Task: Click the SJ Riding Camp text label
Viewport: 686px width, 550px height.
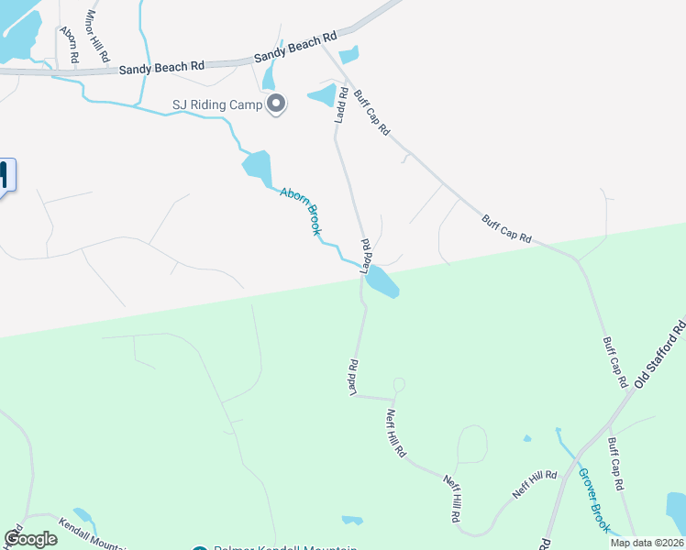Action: pos(217,105)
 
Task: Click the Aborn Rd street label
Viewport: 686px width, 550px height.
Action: pos(70,44)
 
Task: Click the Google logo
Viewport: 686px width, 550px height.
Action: pos(29,539)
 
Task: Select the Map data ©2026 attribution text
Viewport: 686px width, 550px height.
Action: pos(647,543)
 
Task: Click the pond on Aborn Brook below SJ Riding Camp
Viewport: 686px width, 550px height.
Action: pos(258,166)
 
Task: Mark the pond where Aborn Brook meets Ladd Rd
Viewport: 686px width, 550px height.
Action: pos(382,283)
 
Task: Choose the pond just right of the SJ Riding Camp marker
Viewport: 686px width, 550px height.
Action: pos(322,94)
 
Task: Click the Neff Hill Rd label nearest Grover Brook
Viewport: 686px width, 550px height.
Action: pos(535,484)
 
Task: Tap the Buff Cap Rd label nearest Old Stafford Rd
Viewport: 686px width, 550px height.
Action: pos(614,360)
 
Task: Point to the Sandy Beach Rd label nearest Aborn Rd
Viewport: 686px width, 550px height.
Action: pos(161,67)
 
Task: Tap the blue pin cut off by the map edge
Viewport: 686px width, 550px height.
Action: pos(6,176)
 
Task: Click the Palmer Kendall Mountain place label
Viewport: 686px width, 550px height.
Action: pos(284,548)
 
